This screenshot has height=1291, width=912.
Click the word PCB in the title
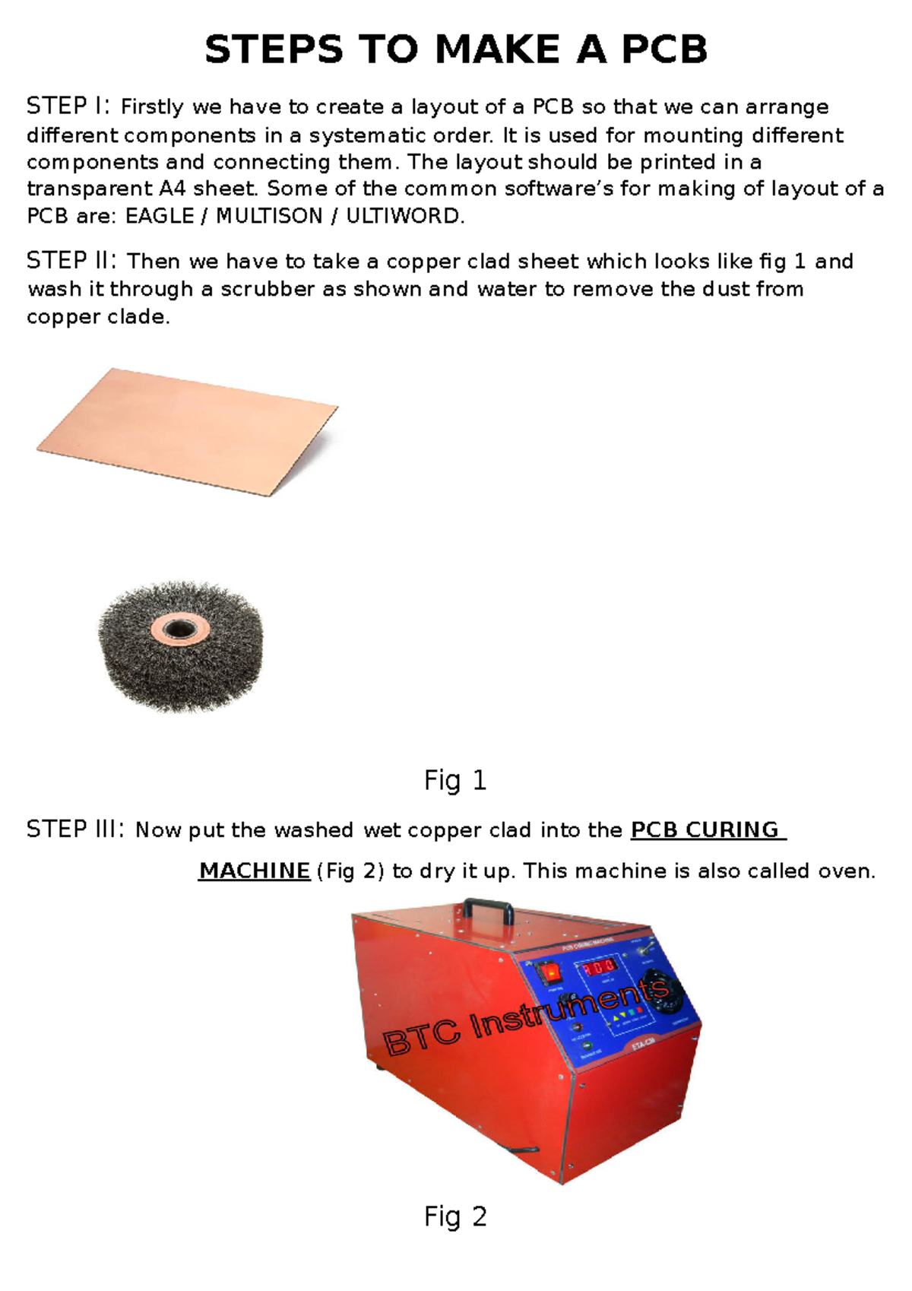click(664, 50)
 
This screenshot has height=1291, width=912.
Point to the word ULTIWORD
click(403, 217)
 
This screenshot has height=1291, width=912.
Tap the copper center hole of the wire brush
click(180, 630)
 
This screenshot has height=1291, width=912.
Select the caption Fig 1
click(455, 781)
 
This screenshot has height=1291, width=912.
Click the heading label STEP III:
click(75, 829)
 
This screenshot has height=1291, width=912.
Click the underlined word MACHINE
click(254, 871)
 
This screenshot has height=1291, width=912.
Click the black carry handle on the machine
click(488, 908)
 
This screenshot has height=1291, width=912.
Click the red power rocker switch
click(549, 972)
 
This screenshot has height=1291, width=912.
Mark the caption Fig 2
click(455, 1217)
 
